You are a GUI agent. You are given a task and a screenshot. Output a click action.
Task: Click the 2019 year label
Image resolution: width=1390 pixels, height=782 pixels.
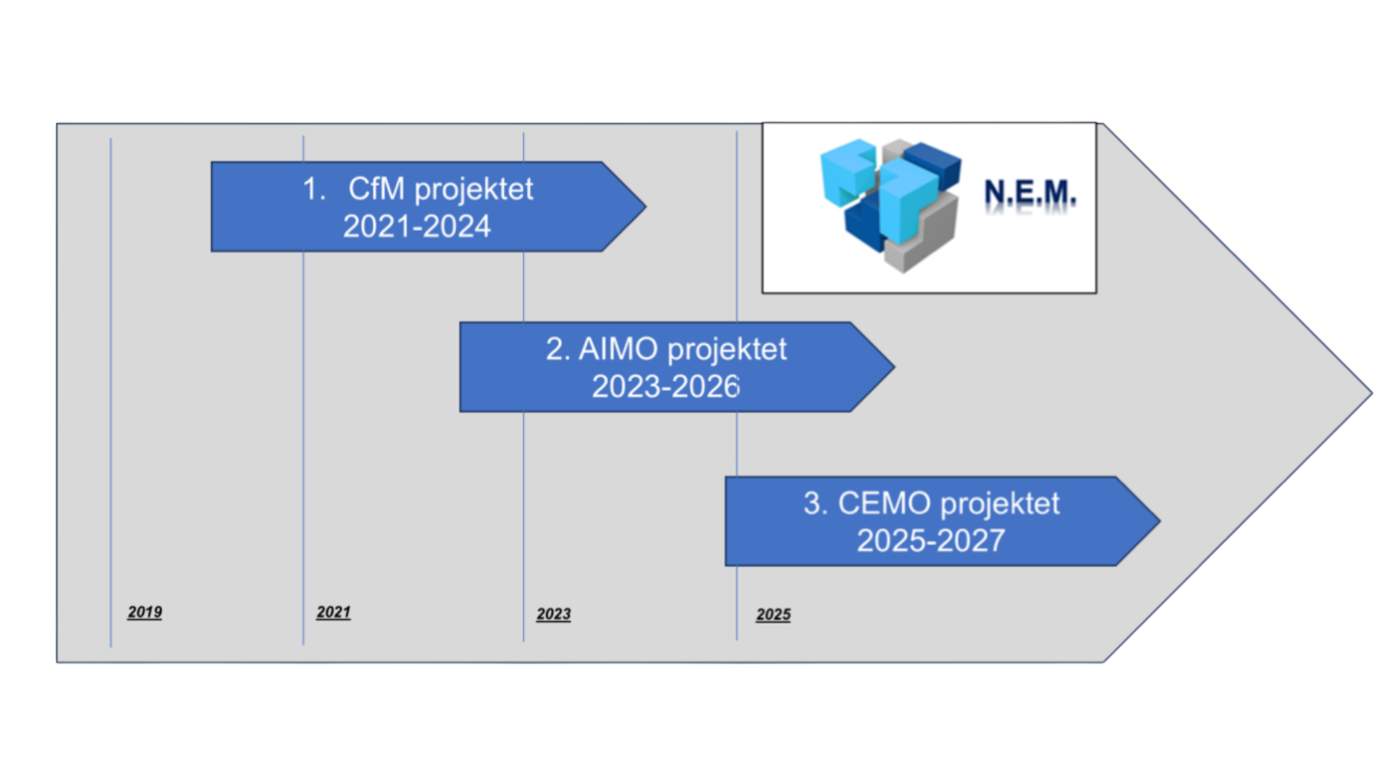145,613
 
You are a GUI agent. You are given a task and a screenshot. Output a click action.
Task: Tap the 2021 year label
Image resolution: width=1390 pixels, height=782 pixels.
333,613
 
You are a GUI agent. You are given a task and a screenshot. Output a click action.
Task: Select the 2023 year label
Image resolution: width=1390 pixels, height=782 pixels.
553,615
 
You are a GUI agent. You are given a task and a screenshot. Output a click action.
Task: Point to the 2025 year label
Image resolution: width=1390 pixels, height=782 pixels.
773,615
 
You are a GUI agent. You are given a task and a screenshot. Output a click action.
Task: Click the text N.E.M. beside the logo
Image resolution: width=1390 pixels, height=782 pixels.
1029,193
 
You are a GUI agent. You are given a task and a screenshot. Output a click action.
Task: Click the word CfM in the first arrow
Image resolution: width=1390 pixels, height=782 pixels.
376,189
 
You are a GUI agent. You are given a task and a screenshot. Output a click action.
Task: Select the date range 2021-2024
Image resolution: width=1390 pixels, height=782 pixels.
417,227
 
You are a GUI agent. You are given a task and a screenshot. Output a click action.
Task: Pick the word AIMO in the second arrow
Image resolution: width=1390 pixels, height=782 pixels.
618,350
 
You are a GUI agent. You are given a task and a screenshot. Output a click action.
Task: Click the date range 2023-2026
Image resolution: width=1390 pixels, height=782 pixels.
666,387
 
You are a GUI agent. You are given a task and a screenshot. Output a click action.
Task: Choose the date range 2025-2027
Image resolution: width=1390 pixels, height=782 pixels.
931,541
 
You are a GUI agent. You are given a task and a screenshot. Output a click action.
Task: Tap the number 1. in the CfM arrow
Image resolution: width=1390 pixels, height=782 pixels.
314,190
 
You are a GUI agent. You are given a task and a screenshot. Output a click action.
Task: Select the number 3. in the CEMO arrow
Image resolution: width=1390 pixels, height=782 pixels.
815,504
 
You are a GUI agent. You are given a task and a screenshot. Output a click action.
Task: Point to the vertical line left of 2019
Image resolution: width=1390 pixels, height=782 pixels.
111,391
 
